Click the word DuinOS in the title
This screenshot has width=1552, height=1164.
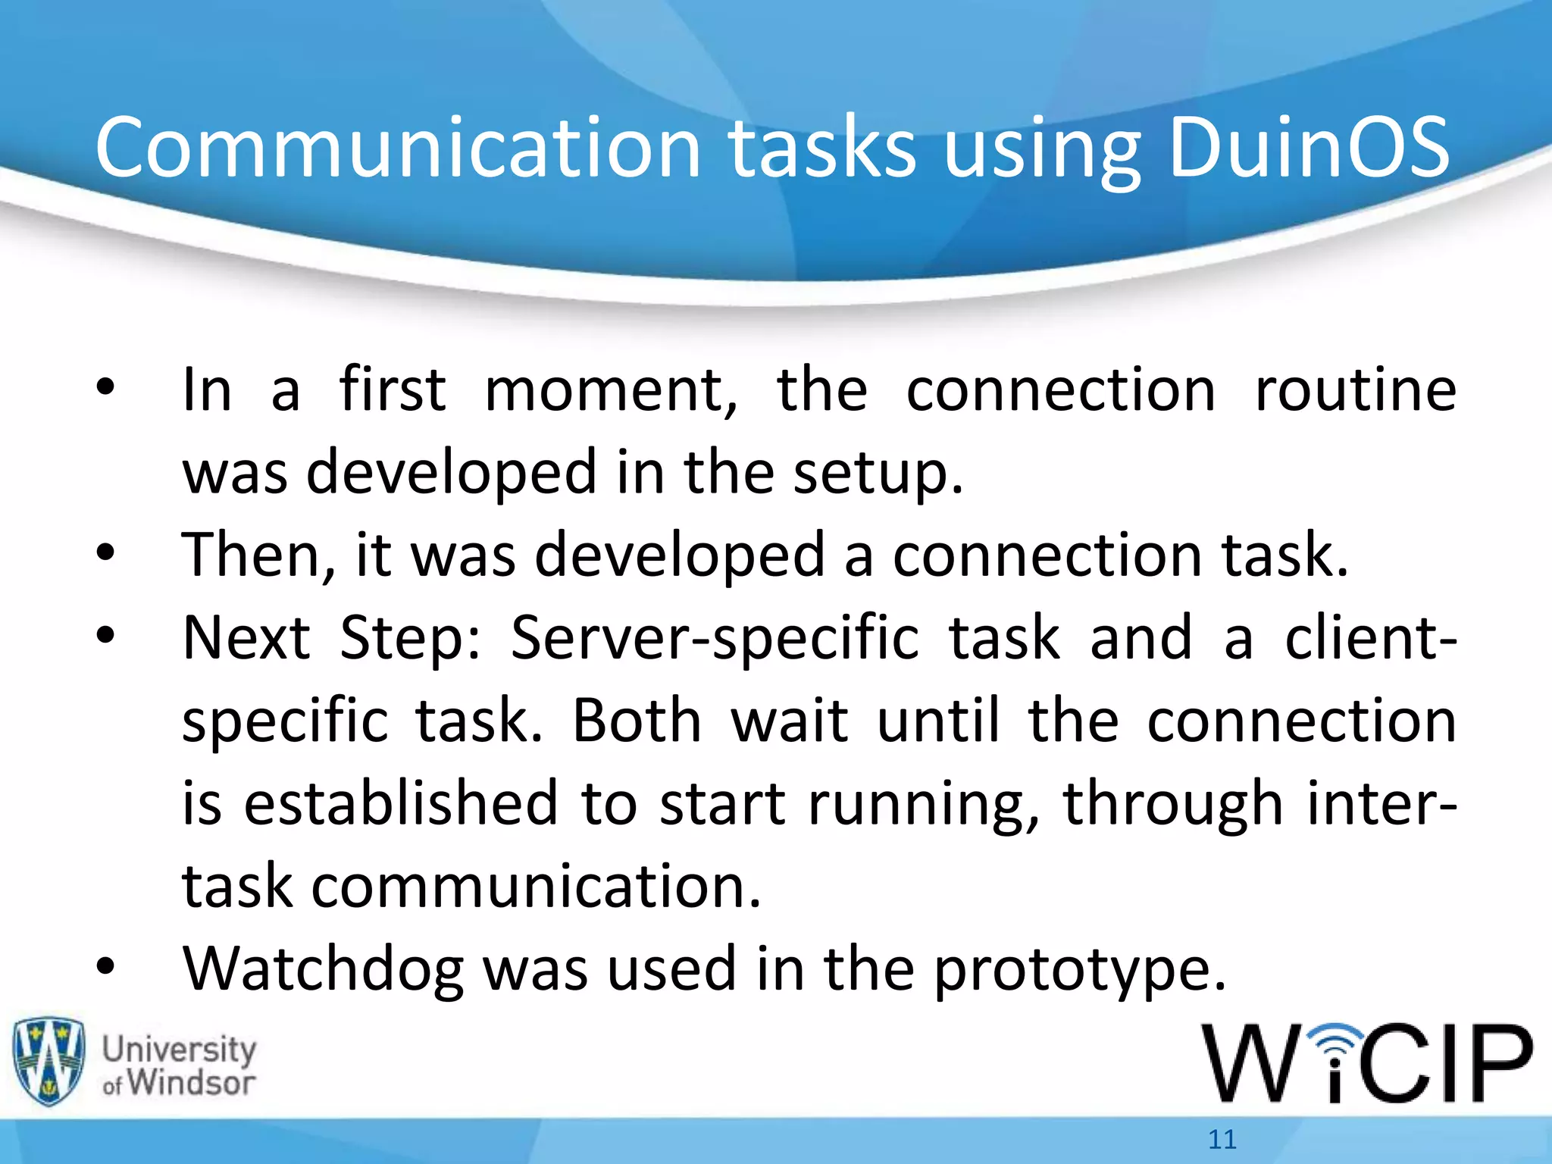[x=1309, y=148]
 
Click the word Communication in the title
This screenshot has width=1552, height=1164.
[x=399, y=148]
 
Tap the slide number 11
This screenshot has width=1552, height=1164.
[x=1222, y=1139]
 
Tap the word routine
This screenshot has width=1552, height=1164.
[x=1355, y=390]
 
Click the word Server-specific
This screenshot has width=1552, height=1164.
[x=715, y=638]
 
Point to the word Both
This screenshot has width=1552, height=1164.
[x=637, y=720]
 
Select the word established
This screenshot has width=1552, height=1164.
[x=401, y=803]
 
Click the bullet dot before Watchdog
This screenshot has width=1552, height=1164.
[x=105, y=966]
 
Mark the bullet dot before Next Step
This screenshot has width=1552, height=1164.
[x=105, y=635]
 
